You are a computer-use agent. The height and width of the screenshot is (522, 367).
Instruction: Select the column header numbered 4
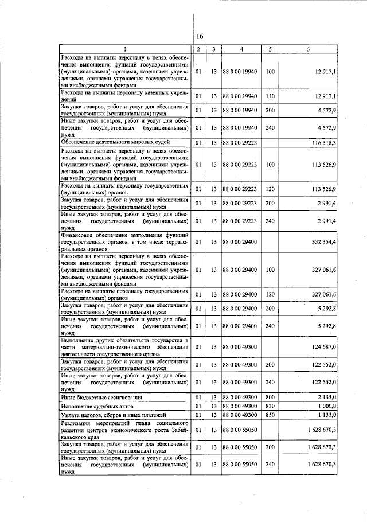tap(241, 49)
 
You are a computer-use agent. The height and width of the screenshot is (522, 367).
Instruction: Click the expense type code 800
tap(270, 397)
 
